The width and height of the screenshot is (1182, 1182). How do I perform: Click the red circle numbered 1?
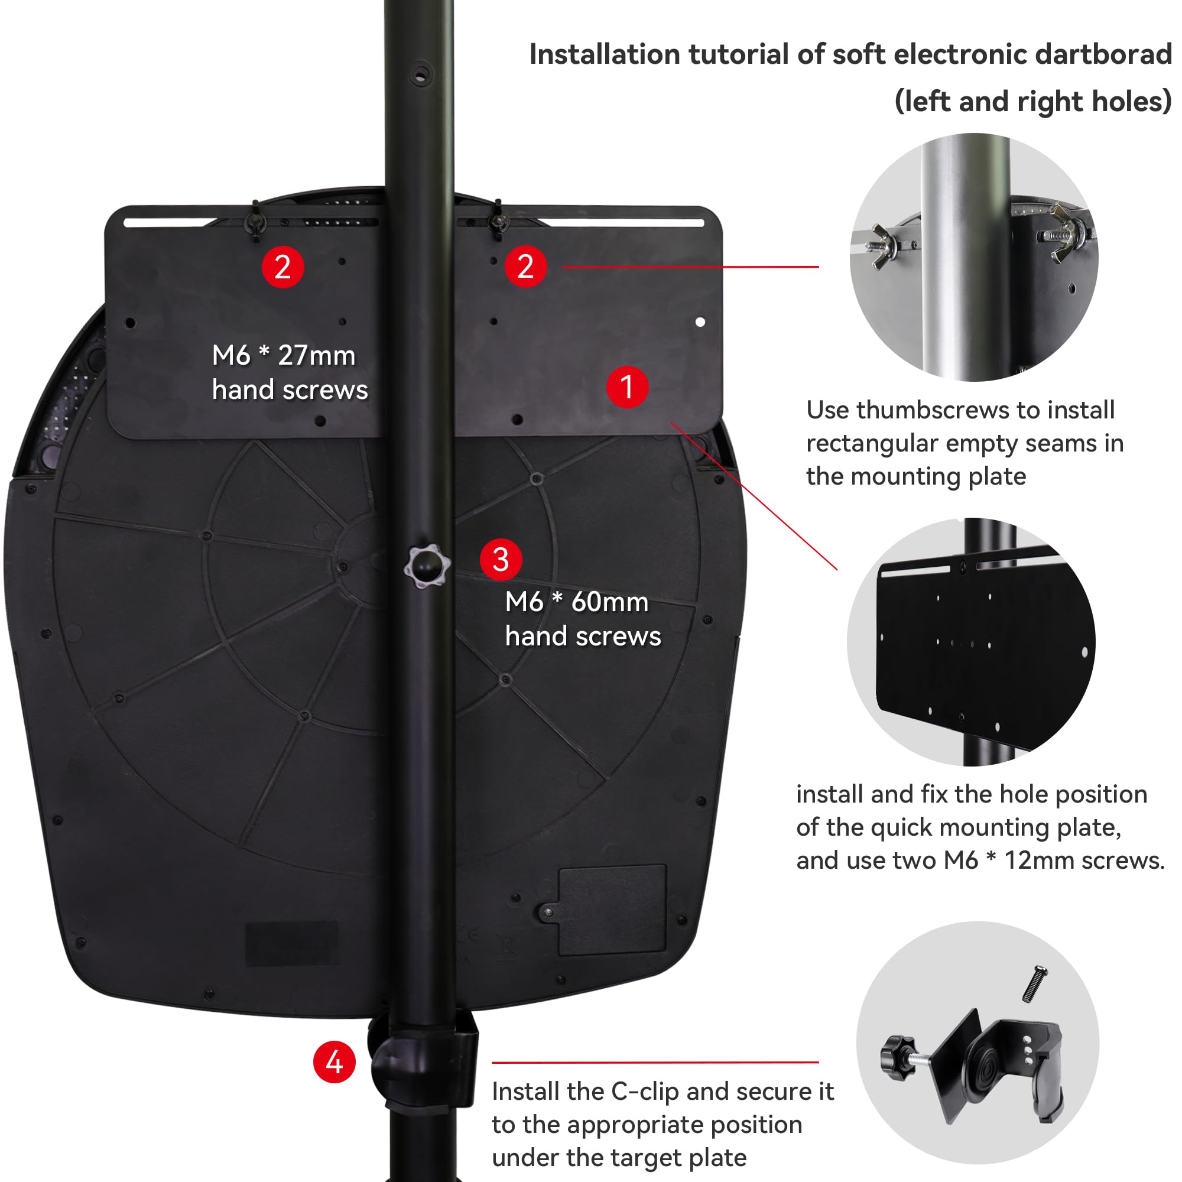coord(627,387)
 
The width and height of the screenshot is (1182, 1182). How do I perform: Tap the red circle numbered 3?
coord(501,559)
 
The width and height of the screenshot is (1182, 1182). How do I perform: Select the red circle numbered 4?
coord(334,1062)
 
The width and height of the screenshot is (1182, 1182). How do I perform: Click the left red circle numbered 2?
coord(282,267)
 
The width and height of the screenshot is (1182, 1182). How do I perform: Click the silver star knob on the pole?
coord(427,566)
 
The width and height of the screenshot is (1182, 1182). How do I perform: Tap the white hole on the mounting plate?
coord(700,322)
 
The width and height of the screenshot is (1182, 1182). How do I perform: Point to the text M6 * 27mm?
coord(283,355)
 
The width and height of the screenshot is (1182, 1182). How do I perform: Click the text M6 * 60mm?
coord(576,602)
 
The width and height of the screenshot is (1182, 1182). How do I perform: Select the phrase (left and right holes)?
coord(1032,102)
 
